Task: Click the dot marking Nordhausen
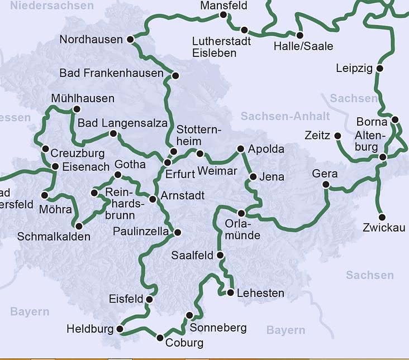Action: pyautogui.click(x=130, y=40)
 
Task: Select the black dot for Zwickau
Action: pyautogui.click(x=382, y=217)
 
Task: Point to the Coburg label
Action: pyautogui.click(x=184, y=343)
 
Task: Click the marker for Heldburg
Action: pyautogui.click(x=120, y=329)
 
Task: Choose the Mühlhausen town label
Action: pyautogui.click(x=82, y=99)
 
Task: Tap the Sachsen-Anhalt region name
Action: pyautogui.click(x=285, y=116)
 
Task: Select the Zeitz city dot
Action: pyautogui.click(x=337, y=136)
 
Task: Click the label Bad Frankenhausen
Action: pyautogui.click(x=112, y=73)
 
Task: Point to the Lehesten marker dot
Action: pyautogui.click(x=231, y=292)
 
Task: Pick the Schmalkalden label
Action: pyautogui.click(x=54, y=237)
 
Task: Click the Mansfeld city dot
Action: pyautogui.click(x=223, y=15)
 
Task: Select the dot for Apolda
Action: pyautogui.click(x=241, y=149)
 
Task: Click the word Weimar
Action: pyautogui.click(x=217, y=171)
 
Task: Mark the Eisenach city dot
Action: pyautogui.click(x=55, y=166)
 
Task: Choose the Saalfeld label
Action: pyautogui.click(x=193, y=256)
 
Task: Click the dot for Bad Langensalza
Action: pyautogui.click(x=113, y=133)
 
